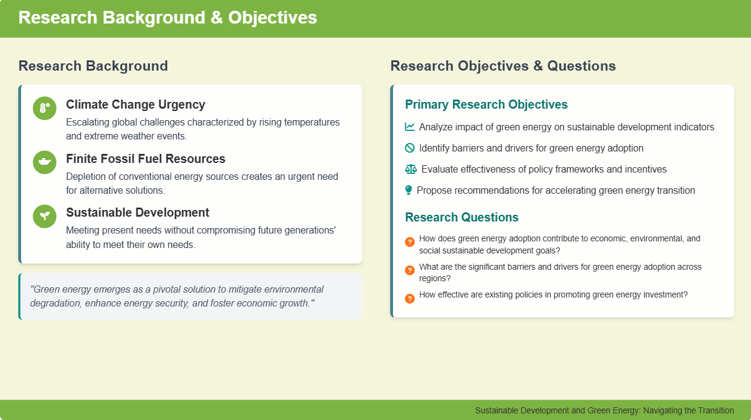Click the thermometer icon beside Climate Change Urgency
pos(45,108)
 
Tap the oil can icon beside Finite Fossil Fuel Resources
pos(45,162)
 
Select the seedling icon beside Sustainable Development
pos(45,216)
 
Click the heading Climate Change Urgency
pos(135,104)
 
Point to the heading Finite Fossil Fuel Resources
pos(145,159)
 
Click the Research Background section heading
pos(93,66)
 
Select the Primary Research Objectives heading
pos(486,104)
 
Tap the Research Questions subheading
pos(462,217)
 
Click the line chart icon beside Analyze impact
pos(410,127)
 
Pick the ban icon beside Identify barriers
pos(410,148)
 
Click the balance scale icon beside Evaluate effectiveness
pos(411,169)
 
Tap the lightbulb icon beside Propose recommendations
pos(408,190)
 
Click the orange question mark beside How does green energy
pos(410,241)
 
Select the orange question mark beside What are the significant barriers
pos(410,270)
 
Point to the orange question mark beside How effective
pos(410,298)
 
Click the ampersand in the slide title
pos(217,17)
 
